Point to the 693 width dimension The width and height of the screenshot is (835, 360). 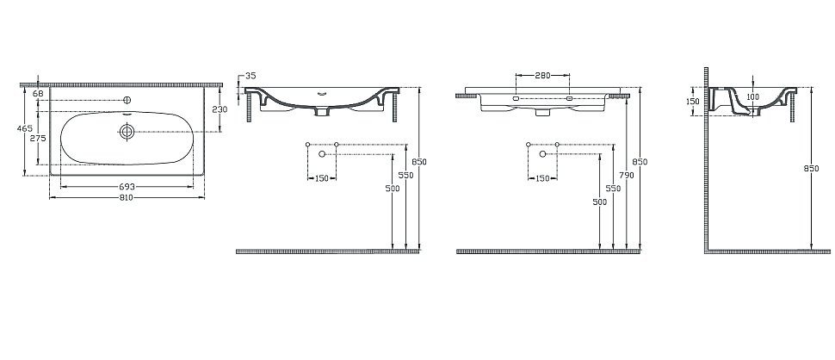[127, 187]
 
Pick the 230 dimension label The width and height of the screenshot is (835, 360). [220, 109]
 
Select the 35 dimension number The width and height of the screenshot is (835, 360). [251, 77]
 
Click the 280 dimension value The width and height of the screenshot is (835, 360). [542, 76]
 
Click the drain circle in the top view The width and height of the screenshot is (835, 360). [127, 131]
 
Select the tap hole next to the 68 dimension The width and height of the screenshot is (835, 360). [127, 101]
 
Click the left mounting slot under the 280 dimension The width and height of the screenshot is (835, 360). [516, 99]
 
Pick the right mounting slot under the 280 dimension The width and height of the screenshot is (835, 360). [570, 99]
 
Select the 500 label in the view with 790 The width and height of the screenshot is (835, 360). [600, 202]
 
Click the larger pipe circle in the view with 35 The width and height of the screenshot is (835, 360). [322, 153]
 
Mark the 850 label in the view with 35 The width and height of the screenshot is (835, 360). [420, 161]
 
